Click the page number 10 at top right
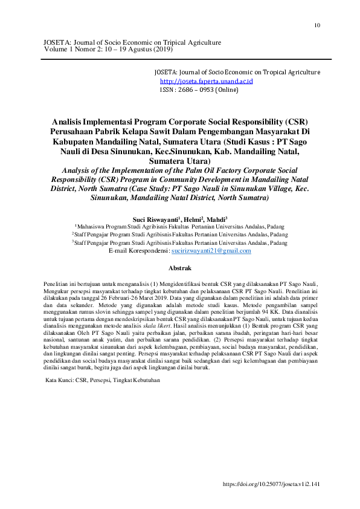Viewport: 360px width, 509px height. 317,25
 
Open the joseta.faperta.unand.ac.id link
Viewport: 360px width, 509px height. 206,80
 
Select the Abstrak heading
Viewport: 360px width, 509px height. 179,268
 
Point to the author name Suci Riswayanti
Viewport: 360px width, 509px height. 156,219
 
